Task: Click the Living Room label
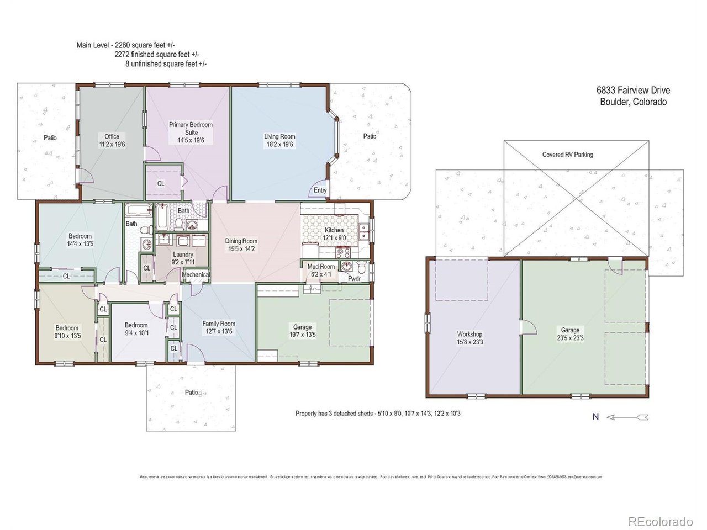point(279,136)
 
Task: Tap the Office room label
point(112,136)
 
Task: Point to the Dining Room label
point(241,241)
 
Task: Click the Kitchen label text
point(334,230)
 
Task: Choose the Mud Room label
point(321,267)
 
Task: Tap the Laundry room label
point(183,255)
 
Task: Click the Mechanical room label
point(196,274)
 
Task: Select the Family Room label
point(219,324)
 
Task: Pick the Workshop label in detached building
point(469,334)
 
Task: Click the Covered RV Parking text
point(567,155)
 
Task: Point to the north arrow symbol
point(627,417)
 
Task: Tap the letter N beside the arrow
point(595,417)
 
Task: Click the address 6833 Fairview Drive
point(633,91)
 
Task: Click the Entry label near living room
point(320,190)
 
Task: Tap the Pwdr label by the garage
point(354,279)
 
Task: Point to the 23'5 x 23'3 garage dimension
point(570,338)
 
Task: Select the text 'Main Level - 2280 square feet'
point(126,45)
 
